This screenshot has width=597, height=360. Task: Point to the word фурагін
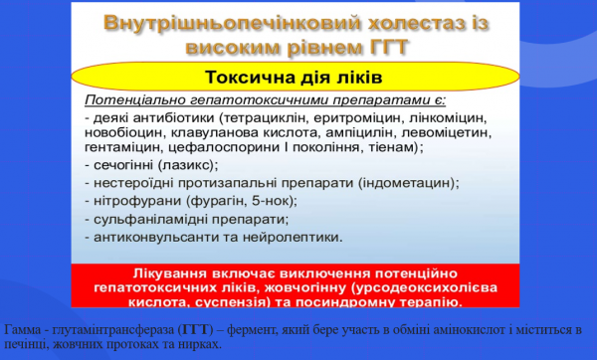pyautogui.click(x=213, y=200)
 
